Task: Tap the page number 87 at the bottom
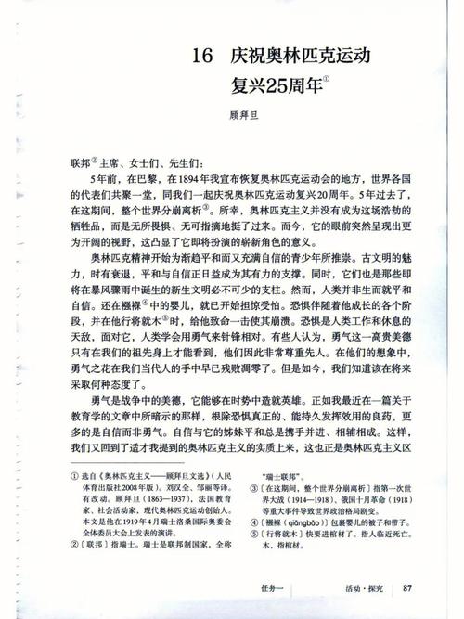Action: (411, 587)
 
